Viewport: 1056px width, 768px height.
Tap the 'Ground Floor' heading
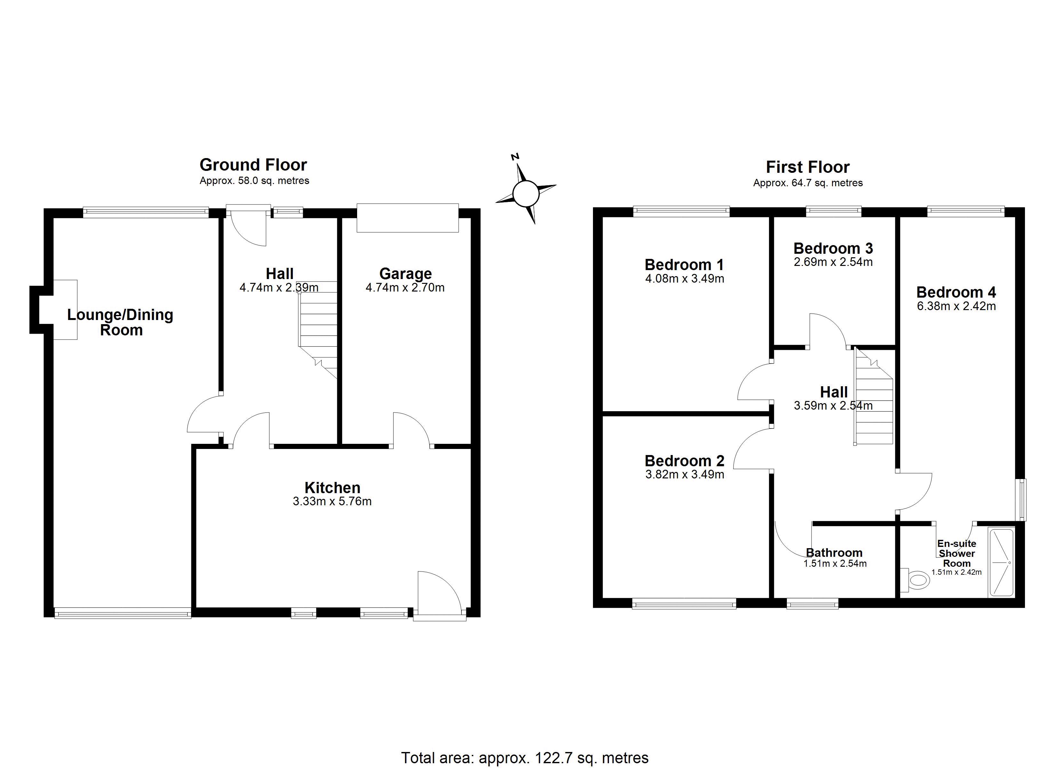(253, 165)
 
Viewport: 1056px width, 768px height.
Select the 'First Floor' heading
(808, 167)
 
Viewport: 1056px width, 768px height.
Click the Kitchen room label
(332, 488)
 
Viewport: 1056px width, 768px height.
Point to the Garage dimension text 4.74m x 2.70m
(405, 287)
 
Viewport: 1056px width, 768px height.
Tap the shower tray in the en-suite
(1001, 563)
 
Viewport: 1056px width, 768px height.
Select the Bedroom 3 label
(833, 248)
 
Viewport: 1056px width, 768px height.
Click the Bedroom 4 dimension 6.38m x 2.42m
(956, 306)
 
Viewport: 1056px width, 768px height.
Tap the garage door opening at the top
(408, 218)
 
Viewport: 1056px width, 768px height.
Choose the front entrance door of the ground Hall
(246, 225)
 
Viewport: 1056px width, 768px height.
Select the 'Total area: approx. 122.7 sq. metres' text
(525, 758)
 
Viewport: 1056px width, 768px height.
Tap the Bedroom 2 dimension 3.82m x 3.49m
(684, 475)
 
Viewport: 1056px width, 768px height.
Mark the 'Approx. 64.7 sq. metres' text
(808, 183)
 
